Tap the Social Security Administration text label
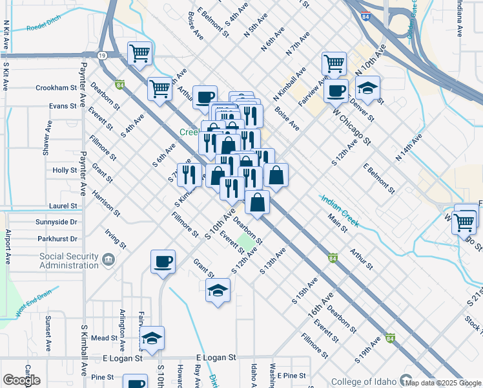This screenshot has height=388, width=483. [68, 261]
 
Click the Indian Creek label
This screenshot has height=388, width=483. [339, 210]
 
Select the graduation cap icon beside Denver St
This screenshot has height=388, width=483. [367, 88]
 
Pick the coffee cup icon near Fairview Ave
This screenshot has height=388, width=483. [336, 91]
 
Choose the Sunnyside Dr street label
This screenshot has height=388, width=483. [56, 222]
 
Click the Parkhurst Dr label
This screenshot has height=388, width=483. [56, 239]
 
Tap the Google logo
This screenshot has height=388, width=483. [21, 380]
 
